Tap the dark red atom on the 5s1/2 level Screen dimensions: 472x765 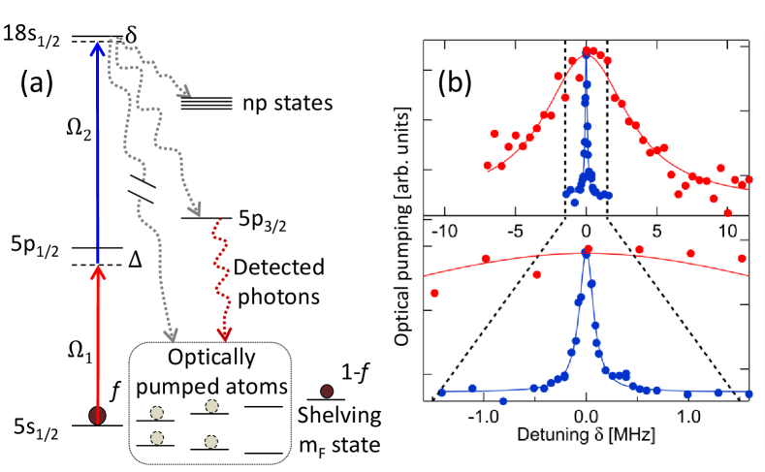(97, 416)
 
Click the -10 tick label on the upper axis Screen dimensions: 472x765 (443, 232)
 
